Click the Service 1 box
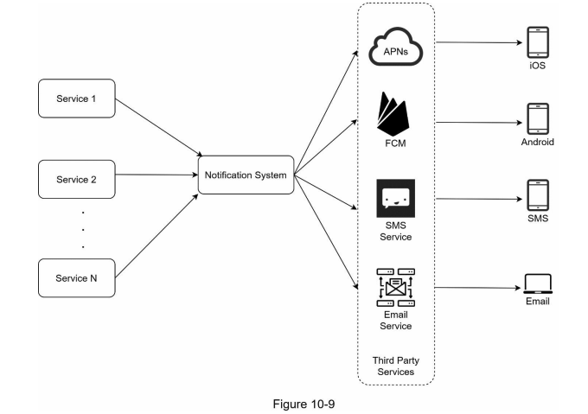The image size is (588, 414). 77,99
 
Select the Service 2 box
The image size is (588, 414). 77,180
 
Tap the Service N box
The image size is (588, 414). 77,278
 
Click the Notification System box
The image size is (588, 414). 246,175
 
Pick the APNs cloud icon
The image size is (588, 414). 396,47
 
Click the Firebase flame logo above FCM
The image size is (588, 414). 393,114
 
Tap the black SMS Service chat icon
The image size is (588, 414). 396,198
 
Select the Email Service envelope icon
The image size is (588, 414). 396,288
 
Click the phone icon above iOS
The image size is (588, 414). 538,42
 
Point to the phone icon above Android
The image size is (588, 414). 538,118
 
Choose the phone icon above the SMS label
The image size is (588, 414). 538,195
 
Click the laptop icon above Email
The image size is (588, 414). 538,283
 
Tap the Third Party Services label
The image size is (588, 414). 396,366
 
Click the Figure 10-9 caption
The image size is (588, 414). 304,404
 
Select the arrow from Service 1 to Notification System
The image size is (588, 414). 159,127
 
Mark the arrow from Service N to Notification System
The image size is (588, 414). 157,236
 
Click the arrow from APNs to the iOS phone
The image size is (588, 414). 479,42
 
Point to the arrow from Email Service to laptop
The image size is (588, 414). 478,288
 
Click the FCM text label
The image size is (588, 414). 396,143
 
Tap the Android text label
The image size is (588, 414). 537,142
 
